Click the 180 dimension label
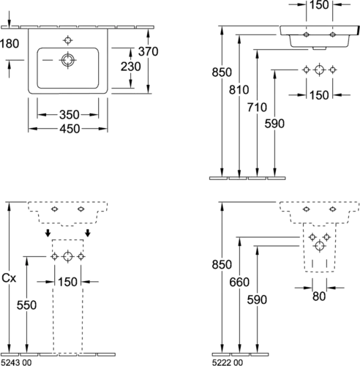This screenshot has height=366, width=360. pyautogui.click(x=10, y=44)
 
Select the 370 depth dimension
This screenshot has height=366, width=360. pyautogui.click(x=149, y=51)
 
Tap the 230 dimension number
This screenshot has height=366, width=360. pyautogui.click(x=131, y=67)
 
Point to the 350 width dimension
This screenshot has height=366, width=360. pyautogui.click(x=70, y=115)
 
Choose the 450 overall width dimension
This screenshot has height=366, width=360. pyautogui.click(x=70, y=129)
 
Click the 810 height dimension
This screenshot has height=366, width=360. pyautogui.click(x=239, y=90)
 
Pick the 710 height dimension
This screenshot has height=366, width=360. pyautogui.click(x=257, y=108)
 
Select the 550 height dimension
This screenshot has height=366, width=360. pyautogui.click(x=26, y=305)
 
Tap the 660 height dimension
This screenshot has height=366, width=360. pyautogui.click(x=239, y=283)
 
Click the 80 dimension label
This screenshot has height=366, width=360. pyautogui.click(x=319, y=296)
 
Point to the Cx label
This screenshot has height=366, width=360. pyautogui.click(x=9, y=278)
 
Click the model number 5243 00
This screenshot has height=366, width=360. pyautogui.click(x=16, y=362)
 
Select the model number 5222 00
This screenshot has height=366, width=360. pyautogui.click(x=228, y=362)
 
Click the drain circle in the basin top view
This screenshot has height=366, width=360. pyautogui.click(x=68, y=60)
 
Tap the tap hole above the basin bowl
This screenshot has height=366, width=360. pyautogui.click(x=67, y=40)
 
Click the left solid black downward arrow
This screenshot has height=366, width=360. pyautogui.click(x=48, y=233)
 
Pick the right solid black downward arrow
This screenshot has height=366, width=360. pyautogui.click(x=88, y=233)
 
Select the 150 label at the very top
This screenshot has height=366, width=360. pyautogui.click(x=319, y=5)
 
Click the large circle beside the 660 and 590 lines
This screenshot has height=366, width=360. pyautogui.click(x=320, y=246)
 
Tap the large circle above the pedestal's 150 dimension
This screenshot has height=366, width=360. pyautogui.click(x=68, y=256)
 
